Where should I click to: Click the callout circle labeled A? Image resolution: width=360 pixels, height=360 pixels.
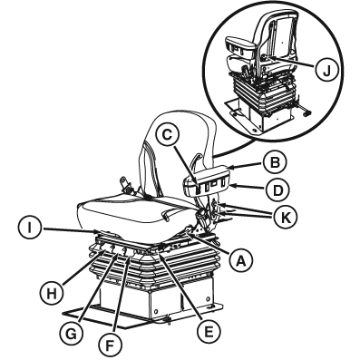(240, 259)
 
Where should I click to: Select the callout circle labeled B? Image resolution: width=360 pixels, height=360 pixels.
(274, 163)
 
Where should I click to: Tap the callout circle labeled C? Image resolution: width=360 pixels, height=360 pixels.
(167, 135)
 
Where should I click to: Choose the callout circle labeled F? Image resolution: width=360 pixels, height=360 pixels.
(109, 345)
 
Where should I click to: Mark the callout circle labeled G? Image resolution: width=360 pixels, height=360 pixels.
(73, 335)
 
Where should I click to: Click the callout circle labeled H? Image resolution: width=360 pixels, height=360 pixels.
(52, 294)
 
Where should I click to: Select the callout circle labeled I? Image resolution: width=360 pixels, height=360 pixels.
(29, 229)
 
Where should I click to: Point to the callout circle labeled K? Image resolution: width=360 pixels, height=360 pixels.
(285, 217)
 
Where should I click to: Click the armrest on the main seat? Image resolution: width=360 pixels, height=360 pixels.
(207, 180)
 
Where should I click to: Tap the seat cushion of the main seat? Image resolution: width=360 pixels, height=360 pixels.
(133, 211)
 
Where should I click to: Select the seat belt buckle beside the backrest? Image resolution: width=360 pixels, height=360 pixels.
(127, 185)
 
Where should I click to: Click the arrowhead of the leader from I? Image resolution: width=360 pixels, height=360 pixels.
(97, 232)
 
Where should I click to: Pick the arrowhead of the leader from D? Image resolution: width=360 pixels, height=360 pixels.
(234, 187)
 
